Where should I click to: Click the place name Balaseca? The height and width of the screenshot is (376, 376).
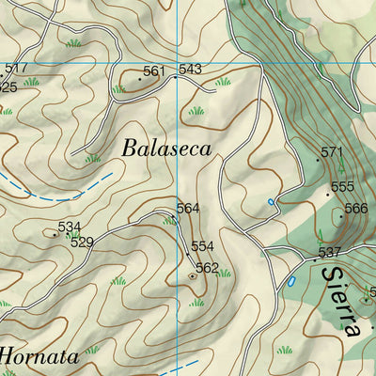pos(165,149)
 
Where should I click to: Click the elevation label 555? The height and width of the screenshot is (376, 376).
pos(342,187)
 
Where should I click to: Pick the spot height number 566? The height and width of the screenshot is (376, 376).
pos(356,209)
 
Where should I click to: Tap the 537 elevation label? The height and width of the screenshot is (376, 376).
pos(328,252)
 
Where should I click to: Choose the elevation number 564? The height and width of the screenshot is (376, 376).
pos(188,209)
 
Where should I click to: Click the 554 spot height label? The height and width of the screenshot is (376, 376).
pos(203,246)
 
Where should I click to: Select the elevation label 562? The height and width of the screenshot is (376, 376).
pos(207,268)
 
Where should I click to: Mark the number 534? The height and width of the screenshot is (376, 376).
pos(69,227)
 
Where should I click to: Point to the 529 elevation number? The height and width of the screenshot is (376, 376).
pos(82,243)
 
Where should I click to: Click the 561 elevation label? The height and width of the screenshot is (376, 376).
pos(154,71)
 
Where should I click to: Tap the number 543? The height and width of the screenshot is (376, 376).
pos(190,70)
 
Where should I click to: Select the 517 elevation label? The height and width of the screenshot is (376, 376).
pos(16,69)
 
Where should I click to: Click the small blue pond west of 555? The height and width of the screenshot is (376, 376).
pos(272,201)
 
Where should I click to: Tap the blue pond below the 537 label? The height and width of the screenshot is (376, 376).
pos(291,281)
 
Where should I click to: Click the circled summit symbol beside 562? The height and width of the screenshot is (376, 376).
pos(193,276)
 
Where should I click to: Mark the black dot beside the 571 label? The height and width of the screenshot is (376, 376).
pos(318,160)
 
